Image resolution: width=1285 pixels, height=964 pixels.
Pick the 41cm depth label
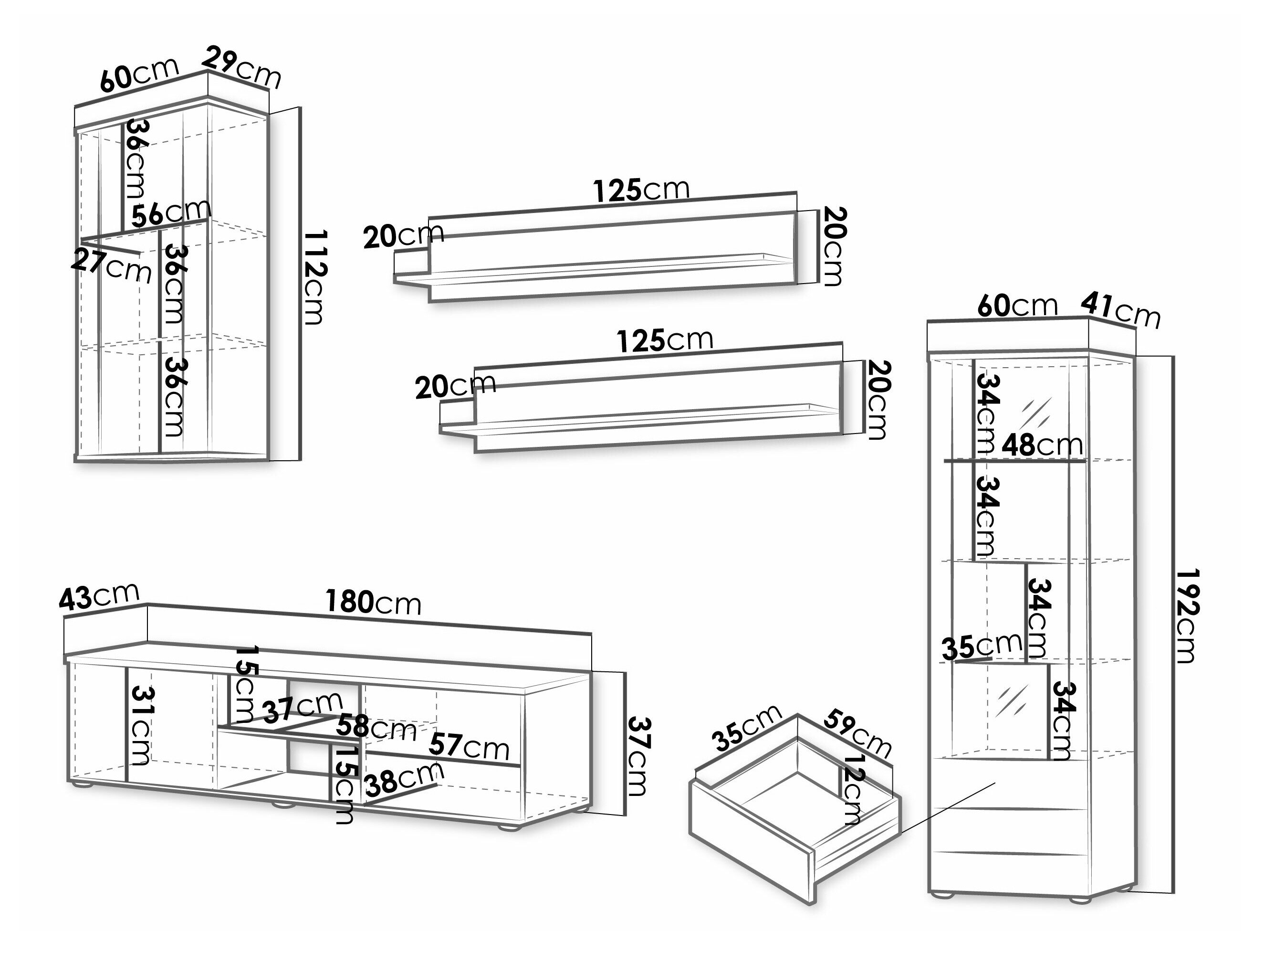click(1120, 311)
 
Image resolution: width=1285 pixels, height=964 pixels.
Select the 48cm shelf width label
click(1042, 445)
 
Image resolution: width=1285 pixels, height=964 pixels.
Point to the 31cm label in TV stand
click(141, 725)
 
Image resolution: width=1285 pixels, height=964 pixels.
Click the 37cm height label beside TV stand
click(638, 756)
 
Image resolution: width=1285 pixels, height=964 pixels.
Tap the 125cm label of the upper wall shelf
click(641, 190)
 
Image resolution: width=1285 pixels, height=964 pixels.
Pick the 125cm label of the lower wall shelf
click(665, 340)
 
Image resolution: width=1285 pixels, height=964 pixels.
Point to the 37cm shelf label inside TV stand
click(302, 708)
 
